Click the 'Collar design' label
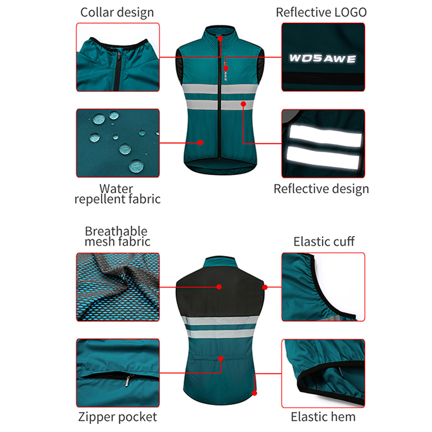pos(117,12)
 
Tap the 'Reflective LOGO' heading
pos(321,12)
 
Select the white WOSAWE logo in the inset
pos(322,58)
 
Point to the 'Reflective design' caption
pos(321,189)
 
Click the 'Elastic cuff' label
pos(324,241)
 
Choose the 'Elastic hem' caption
pos(323,417)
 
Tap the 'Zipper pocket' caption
pos(118,417)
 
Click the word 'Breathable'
pos(116,231)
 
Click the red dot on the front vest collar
pos(220,38)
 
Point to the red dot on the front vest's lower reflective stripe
pos(244,104)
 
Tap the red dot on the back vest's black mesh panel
pos(219,287)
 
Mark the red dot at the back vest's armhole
pos(265,287)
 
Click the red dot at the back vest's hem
pos(254,393)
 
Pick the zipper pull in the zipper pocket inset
pos(128,381)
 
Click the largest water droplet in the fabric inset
pos(136,166)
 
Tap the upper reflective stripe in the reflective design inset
pos(325,136)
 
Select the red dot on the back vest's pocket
pos(221,359)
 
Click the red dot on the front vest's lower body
pos(200,143)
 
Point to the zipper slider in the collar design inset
pos(119,57)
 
